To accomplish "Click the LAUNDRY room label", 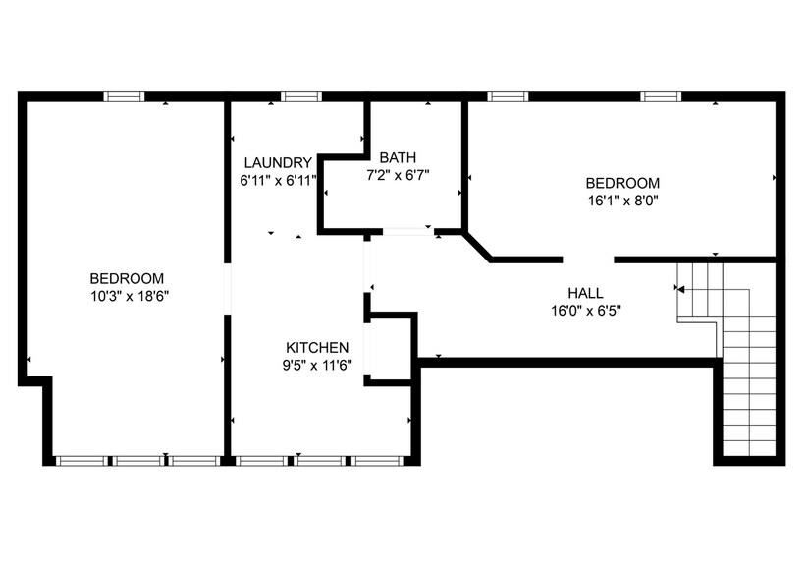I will (x=278, y=163).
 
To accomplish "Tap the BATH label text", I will (x=398, y=157).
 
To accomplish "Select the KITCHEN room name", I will (x=317, y=348).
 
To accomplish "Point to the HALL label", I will (x=585, y=293).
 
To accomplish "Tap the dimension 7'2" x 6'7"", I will (x=398, y=174).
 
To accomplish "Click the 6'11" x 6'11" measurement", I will (x=278, y=180).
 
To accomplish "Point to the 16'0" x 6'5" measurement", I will (x=585, y=310).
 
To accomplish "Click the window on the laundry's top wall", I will (x=301, y=96).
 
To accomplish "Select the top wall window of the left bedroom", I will (x=125, y=96).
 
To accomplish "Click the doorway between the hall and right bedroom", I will (x=588, y=260).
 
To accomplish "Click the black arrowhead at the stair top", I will (x=680, y=289).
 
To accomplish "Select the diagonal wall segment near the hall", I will (x=477, y=247).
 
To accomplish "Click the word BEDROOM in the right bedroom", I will (x=622, y=183).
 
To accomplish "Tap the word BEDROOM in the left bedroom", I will (x=127, y=278).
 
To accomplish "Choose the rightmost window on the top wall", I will (x=661, y=96).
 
